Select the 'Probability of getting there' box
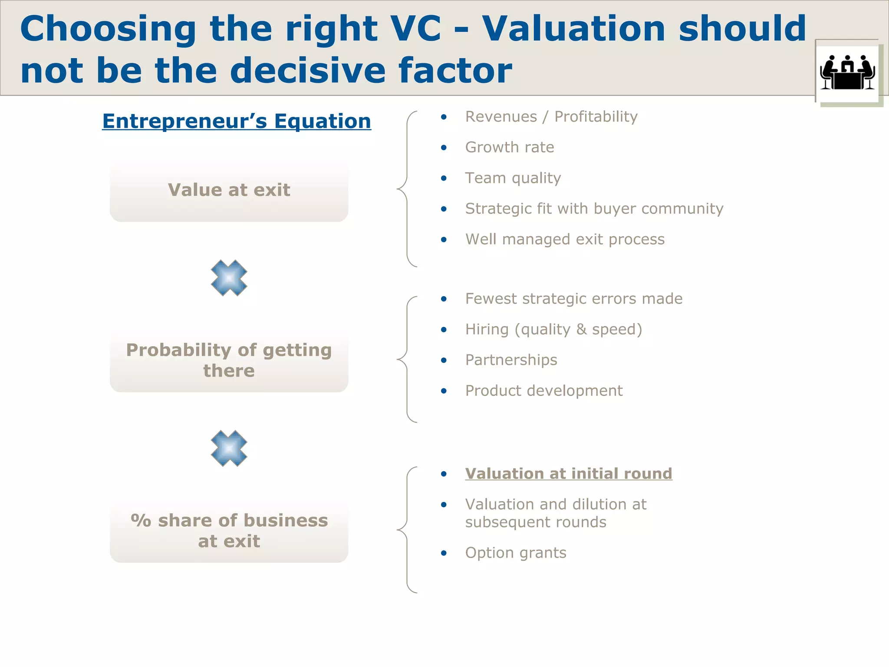pyautogui.click(x=229, y=360)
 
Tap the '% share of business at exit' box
pyautogui.click(x=229, y=531)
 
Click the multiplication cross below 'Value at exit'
pyautogui.click(x=229, y=278)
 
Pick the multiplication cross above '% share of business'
pyautogui.click(x=229, y=448)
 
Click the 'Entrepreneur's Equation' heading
pyautogui.click(x=237, y=121)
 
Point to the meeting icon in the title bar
pyautogui.click(x=847, y=72)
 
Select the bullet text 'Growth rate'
pyautogui.click(x=510, y=148)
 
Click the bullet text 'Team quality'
pyautogui.click(x=513, y=178)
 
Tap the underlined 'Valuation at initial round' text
pyautogui.click(x=569, y=474)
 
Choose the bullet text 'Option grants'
pyautogui.click(x=516, y=553)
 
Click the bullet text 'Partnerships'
pyautogui.click(x=511, y=360)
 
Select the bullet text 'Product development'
pyautogui.click(x=544, y=391)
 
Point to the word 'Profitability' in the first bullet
pyautogui.click(x=596, y=117)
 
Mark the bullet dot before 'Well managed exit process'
pyautogui.click(x=444, y=240)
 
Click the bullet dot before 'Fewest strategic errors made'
pyautogui.click(x=444, y=299)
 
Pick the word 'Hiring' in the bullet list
pyautogui.click(x=487, y=330)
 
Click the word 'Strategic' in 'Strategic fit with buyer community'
pyautogui.click(x=498, y=209)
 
